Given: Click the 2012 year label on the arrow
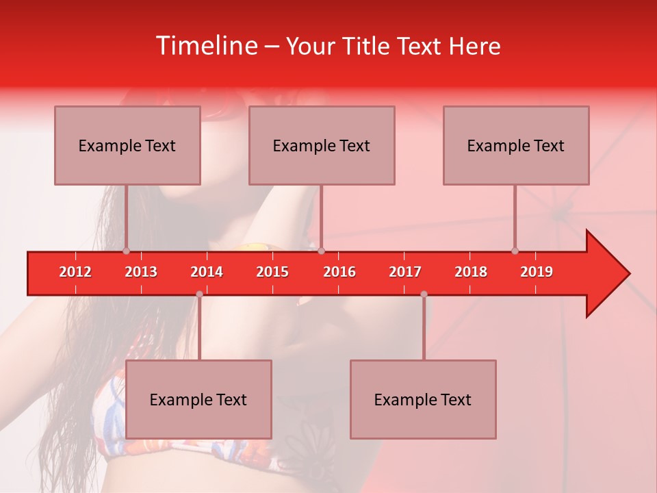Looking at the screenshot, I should [x=75, y=272].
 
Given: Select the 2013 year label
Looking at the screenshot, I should [x=141, y=272].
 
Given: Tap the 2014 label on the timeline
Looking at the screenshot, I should [x=207, y=272].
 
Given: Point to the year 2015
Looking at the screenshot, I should [x=272, y=272].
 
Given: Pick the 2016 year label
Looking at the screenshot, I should [x=339, y=272].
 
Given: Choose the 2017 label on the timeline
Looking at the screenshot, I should [x=405, y=272].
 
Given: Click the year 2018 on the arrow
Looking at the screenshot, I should [x=471, y=272].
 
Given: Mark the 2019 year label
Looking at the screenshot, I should [x=537, y=272].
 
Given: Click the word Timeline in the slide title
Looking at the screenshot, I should [x=205, y=46].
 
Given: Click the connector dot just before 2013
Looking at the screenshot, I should [x=126, y=251].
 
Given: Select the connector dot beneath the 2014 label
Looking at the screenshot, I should [x=199, y=294].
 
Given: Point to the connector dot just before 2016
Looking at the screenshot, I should [x=321, y=251].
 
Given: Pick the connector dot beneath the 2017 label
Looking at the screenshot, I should [x=424, y=294].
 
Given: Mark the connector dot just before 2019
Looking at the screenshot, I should [x=515, y=251].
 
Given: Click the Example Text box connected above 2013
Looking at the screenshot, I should [x=127, y=145].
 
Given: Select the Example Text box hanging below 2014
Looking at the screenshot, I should [x=198, y=399].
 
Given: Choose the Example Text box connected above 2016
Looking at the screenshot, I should [x=322, y=145].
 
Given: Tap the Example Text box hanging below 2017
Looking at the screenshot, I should [x=423, y=399].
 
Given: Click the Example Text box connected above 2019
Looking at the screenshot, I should [x=516, y=145].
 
